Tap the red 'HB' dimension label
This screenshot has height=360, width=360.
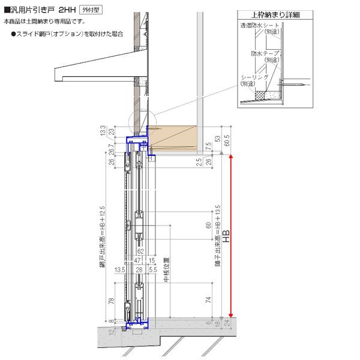tap(226, 236)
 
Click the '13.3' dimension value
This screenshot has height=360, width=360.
tap(103, 131)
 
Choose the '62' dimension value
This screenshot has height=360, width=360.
tap(139, 253)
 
